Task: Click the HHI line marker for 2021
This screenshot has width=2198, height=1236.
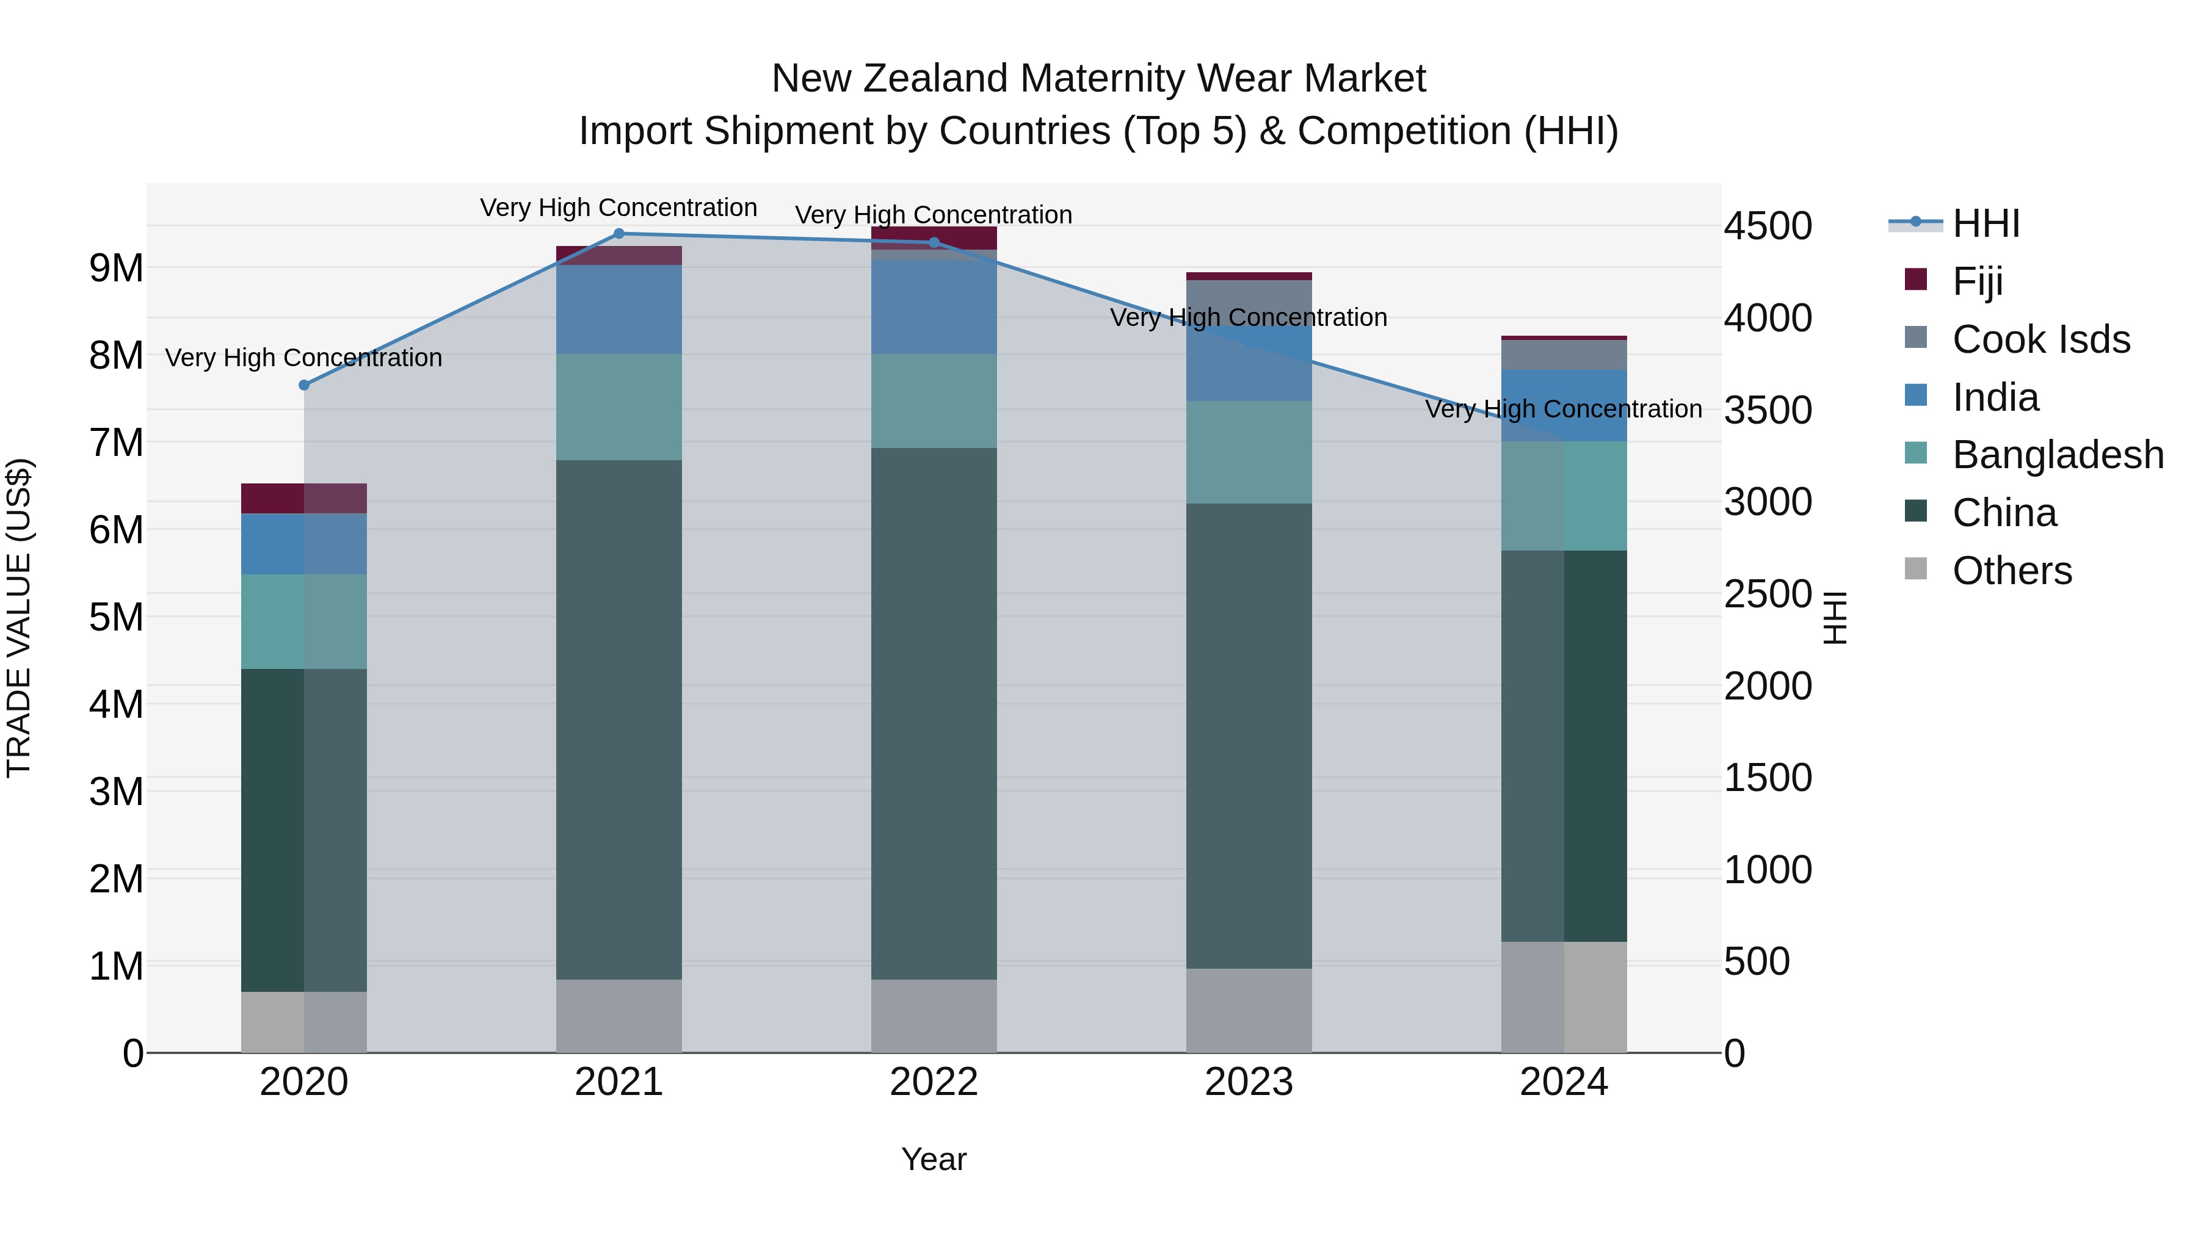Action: (618, 234)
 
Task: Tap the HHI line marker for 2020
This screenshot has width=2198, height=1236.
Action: (304, 386)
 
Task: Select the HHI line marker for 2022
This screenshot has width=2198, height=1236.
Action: (934, 243)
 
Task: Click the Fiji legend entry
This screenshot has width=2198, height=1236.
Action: (1977, 281)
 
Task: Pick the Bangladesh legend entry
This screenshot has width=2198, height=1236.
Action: (2057, 455)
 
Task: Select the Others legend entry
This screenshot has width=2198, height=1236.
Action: (2011, 571)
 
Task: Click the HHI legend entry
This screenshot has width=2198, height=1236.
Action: (1986, 223)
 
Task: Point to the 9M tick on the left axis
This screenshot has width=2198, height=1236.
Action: (116, 269)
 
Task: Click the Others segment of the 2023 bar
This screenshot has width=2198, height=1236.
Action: (1249, 1010)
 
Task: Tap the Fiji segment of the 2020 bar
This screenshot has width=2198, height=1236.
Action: (304, 498)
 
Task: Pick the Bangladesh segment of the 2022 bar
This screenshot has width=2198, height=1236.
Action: (934, 401)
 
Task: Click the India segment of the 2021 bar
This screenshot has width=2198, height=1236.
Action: (618, 309)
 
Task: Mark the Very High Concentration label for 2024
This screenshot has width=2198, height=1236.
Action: (1563, 410)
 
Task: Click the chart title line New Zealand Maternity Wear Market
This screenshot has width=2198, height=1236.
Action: (1098, 79)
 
